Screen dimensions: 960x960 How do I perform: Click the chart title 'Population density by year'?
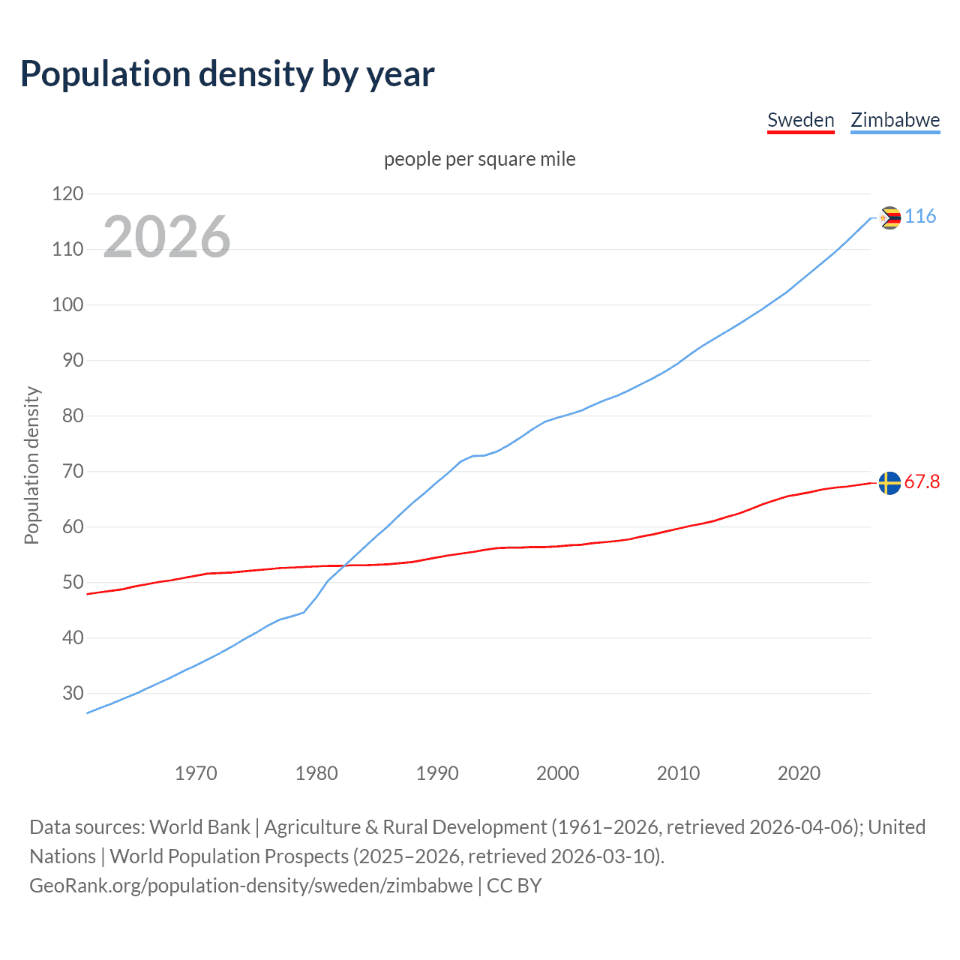(227, 74)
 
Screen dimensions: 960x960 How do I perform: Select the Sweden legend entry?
(800, 120)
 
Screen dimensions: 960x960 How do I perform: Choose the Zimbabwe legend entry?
(895, 120)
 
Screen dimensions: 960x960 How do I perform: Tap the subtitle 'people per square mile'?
(479, 159)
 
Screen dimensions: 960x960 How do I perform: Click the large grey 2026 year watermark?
(166, 237)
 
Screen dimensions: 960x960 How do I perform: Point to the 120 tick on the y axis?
(67, 194)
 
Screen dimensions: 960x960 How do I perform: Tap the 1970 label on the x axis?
(196, 773)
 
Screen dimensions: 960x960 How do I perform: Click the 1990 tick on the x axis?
(437, 773)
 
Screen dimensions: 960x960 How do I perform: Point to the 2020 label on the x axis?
(799, 773)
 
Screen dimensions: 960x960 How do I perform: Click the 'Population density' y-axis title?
(31, 465)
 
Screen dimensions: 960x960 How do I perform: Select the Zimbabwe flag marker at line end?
(889, 217)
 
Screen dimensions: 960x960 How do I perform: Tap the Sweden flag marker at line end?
(889, 483)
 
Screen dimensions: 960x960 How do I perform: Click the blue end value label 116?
(920, 217)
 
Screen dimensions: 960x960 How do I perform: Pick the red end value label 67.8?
(922, 482)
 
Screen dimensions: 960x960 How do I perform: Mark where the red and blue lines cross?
(345, 565)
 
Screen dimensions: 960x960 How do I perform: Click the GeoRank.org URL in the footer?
(251, 886)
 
